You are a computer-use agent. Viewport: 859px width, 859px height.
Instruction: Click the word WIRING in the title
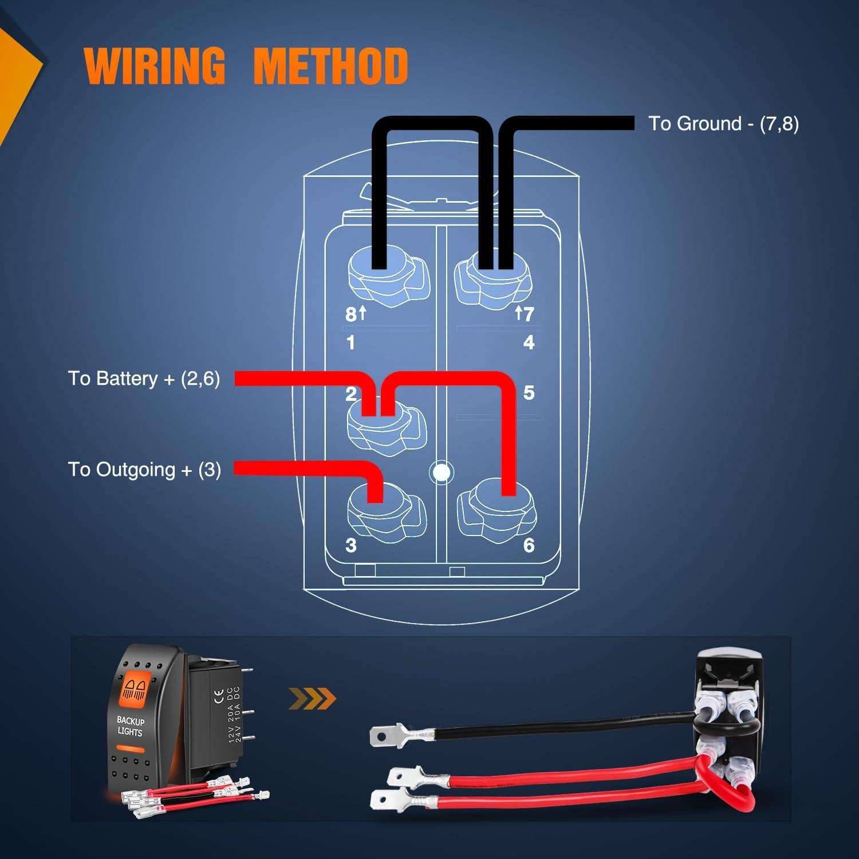[x=155, y=65]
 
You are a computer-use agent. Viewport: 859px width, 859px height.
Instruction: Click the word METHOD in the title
[x=330, y=65]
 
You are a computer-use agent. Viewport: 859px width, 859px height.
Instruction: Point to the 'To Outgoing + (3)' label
[x=144, y=470]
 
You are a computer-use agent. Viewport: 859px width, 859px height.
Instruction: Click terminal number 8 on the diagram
[x=351, y=314]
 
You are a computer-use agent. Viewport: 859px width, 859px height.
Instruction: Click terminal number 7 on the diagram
[x=528, y=314]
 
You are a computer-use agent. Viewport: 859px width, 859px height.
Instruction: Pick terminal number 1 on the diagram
[x=350, y=342]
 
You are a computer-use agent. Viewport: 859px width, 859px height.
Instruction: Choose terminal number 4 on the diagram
[x=529, y=342]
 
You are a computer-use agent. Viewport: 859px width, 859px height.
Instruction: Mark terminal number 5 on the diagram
[x=529, y=393]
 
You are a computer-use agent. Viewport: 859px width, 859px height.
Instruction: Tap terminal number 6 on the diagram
[x=529, y=545]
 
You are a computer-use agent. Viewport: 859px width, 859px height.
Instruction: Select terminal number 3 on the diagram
[x=351, y=545]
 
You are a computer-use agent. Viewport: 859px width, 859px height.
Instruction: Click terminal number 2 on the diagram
[x=351, y=393]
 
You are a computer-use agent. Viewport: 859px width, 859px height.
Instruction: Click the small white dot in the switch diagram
[x=442, y=472]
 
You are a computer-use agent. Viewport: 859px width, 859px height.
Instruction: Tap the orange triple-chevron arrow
[x=312, y=699]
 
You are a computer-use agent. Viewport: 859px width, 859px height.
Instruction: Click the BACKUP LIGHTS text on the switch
[x=131, y=726]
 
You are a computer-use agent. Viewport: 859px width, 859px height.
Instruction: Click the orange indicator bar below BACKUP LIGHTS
[x=130, y=748]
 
